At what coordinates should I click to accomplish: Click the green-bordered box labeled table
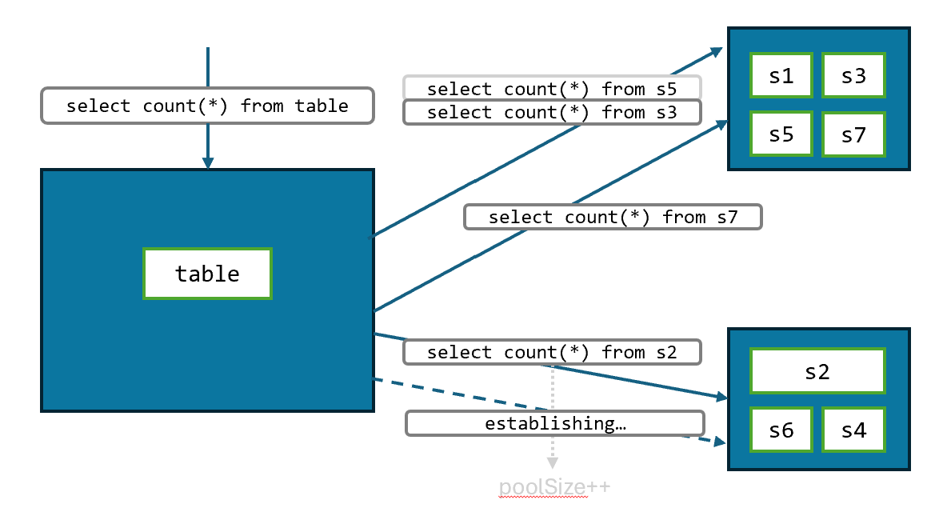point(207,274)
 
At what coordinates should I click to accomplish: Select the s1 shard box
point(781,75)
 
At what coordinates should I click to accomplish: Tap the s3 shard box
point(853,75)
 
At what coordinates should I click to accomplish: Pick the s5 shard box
point(781,134)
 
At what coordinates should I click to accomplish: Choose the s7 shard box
point(853,134)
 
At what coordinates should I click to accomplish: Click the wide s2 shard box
point(817,371)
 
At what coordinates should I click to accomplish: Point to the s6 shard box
point(781,430)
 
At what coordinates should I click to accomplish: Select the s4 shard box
point(853,430)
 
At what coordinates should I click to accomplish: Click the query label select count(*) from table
point(207,106)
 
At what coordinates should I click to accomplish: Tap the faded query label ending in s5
point(552,87)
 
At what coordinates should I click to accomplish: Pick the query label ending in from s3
point(552,112)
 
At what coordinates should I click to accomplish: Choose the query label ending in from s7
point(613,217)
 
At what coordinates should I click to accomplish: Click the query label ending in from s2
point(552,352)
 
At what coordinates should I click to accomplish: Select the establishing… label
point(554,423)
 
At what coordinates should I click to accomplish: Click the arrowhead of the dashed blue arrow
point(721,442)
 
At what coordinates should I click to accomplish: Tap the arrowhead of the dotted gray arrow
point(552,462)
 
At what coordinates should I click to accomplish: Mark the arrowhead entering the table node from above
point(207,162)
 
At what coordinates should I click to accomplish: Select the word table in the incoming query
point(322,106)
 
